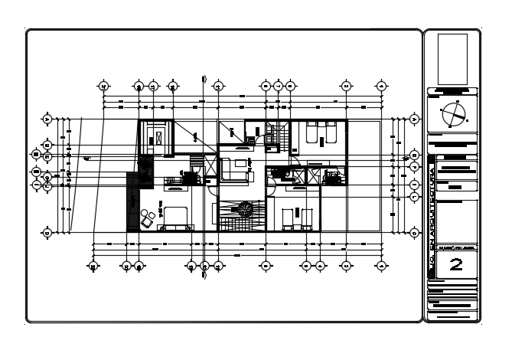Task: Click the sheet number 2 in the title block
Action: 455,265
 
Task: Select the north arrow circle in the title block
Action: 452,116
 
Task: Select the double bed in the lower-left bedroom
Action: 175,217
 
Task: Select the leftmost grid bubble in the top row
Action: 103,86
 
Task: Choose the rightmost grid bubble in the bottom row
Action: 380,266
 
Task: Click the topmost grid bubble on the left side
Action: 47,120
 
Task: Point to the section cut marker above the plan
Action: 204,79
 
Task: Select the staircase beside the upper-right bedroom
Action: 282,137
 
